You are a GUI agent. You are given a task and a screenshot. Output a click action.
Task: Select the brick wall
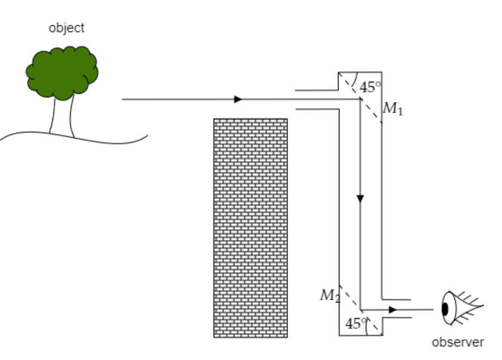coord(250,227)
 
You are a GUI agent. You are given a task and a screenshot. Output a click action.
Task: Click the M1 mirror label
coord(393,109)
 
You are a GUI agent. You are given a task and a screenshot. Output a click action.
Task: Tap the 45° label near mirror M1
coord(370,87)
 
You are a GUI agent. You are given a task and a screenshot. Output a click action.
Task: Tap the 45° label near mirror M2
coord(356,324)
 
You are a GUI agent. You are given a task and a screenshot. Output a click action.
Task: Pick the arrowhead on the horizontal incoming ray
coord(238,99)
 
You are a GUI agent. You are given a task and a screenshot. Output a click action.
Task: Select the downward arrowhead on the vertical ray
coord(360,198)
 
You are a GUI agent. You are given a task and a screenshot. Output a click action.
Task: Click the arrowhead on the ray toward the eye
coord(392,309)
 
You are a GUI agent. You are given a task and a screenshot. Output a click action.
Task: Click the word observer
coord(458,342)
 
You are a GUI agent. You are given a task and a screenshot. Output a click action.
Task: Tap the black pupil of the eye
coord(445,309)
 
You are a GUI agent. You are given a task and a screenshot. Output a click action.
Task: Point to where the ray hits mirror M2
coord(361,309)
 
